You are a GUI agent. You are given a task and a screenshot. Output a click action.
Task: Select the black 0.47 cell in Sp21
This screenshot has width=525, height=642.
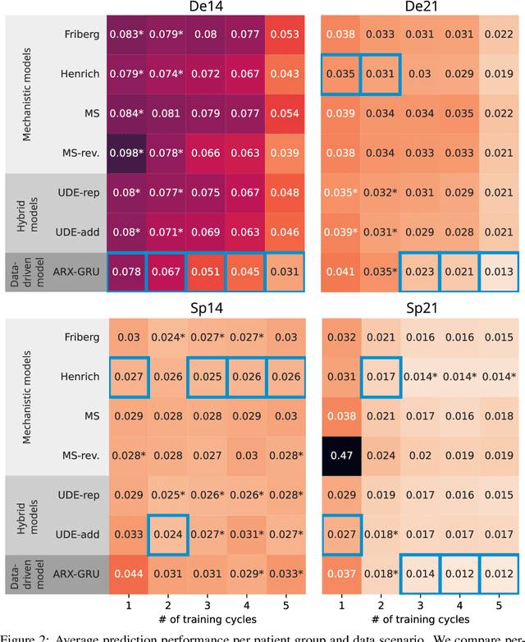tap(341, 456)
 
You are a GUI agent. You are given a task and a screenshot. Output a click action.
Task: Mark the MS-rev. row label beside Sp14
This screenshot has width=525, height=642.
tap(80, 456)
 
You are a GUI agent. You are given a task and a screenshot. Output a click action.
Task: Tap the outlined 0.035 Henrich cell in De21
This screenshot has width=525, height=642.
tap(341, 74)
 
